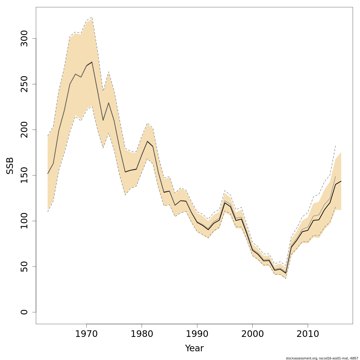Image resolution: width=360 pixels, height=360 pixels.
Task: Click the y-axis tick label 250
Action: (x=24, y=84)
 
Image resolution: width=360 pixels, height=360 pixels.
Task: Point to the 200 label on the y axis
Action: (x=24, y=130)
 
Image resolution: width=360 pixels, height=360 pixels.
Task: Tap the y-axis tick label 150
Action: (x=24, y=175)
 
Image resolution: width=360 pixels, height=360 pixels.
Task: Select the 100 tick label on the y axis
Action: (x=24, y=221)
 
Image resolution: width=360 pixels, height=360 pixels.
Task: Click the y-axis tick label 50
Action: (x=24, y=266)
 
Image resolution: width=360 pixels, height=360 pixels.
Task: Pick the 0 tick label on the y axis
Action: (x=24, y=312)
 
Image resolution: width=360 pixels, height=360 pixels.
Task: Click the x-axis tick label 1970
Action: (x=86, y=334)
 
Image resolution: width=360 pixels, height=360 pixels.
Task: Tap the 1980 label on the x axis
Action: (x=142, y=334)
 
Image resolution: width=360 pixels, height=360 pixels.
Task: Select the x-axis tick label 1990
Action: (x=197, y=334)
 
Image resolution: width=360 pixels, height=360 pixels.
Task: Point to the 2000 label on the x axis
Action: (x=253, y=334)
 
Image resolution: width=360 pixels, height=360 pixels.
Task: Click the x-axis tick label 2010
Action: (x=308, y=334)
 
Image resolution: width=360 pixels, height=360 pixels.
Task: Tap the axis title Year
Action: (x=194, y=348)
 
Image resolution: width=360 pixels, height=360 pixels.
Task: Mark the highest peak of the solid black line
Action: (x=92, y=62)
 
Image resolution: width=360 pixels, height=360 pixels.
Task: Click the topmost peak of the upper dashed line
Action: (x=92, y=17)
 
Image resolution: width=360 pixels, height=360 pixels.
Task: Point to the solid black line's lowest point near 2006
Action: (x=286, y=273)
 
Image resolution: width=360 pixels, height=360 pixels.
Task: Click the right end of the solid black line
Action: (x=341, y=181)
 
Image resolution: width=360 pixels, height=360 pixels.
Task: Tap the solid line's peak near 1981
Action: (x=147, y=141)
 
